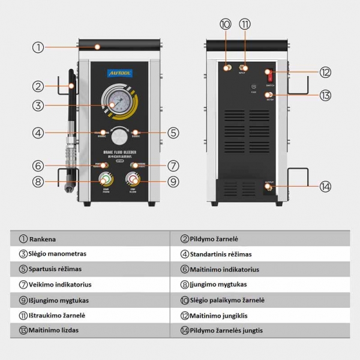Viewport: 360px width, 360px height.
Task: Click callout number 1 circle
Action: pyautogui.click(x=38, y=47)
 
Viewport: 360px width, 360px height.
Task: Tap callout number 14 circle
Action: pyautogui.click(x=325, y=187)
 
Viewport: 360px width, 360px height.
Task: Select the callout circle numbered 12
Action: pyautogui.click(x=325, y=72)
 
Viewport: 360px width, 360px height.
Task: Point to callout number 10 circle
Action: pyautogui.click(x=226, y=25)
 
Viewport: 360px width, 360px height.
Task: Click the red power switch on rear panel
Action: pyautogui.click(x=271, y=76)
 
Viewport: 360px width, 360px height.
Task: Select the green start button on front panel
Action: pyautogui.click(x=106, y=181)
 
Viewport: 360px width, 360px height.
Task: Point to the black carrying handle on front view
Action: pyautogui.click(x=120, y=44)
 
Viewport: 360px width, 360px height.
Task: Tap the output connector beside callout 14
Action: pyautogui.click(x=269, y=188)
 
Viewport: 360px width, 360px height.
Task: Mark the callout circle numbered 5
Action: pyautogui.click(x=173, y=133)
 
